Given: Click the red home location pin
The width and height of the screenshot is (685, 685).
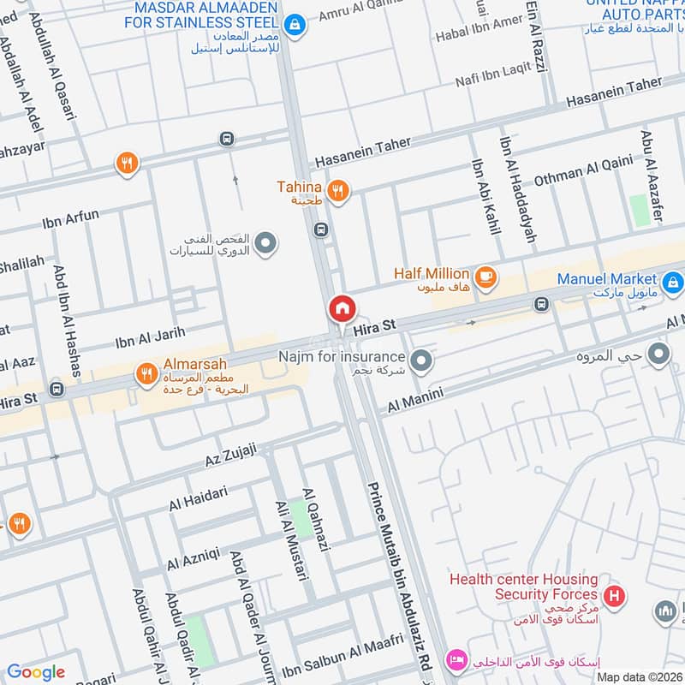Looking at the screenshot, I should (341, 308).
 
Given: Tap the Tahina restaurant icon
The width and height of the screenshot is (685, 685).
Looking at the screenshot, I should (338, 191).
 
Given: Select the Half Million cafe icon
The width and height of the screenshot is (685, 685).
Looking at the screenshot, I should (485, 277).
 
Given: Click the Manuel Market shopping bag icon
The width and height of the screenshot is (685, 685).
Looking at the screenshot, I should (672, 280).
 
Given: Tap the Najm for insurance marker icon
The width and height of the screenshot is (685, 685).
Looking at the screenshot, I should (420, 361).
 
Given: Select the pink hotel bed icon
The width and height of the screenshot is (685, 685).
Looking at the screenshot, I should (456, 659).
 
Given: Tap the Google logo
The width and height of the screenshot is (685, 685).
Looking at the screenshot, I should (36, 672).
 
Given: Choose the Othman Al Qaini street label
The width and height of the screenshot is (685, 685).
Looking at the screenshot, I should (583, 171).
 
